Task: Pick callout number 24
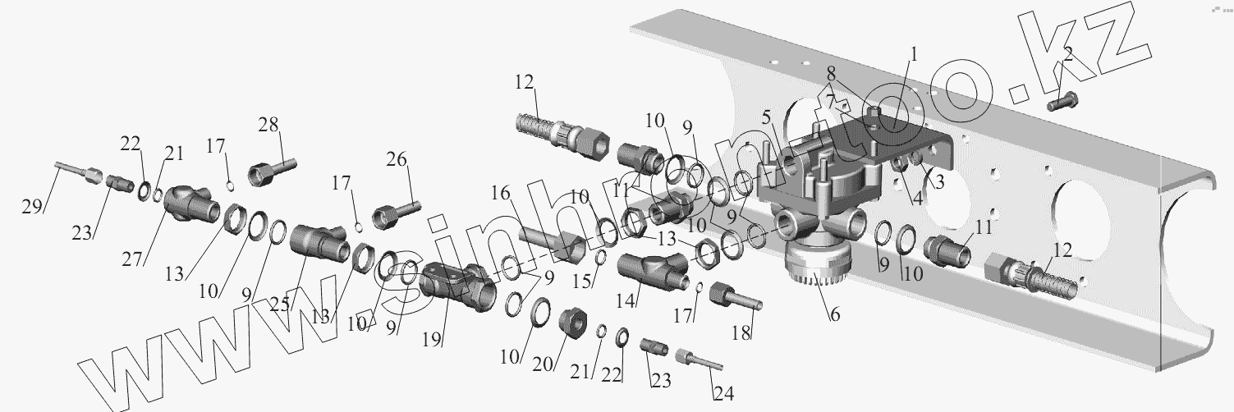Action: pos(723,393)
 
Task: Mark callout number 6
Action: pos(834,313)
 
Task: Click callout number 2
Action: pos(1067,56)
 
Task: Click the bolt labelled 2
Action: pos(1062,103)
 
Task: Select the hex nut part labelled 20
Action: pos(571,323)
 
